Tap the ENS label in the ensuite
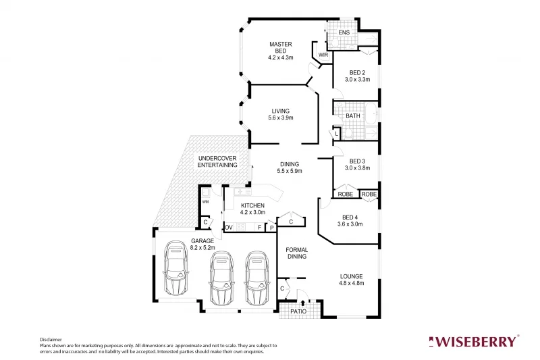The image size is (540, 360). point(344,32)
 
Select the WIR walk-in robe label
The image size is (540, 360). point(323,55)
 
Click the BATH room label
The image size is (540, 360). point(352,116)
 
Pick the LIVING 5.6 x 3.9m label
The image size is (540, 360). point(280,115)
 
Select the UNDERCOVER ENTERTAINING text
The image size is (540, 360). point(217,161)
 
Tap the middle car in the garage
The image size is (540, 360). point(221,278)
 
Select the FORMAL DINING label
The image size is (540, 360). point(296,253)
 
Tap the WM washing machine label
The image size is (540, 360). point(205,201)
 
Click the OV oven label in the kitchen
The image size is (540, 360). point(228,227)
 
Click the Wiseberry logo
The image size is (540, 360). point(475,340)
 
